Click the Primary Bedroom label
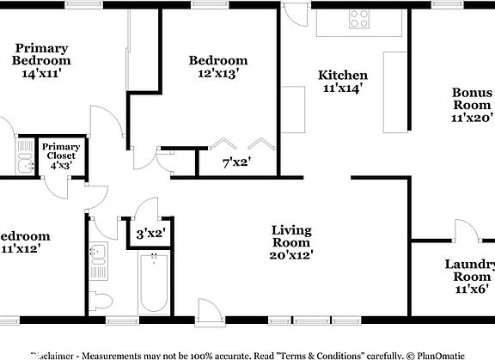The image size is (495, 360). click(41, 54)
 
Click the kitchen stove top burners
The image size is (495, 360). click(359, 19)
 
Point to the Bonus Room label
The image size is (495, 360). click(474, 99)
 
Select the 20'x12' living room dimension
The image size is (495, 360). click(291, 254)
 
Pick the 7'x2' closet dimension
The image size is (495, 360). click(236, 161)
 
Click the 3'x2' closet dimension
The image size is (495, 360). click(150, 232)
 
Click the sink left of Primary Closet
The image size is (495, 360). click(24, 157)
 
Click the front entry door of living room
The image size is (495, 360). click(208, 310)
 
